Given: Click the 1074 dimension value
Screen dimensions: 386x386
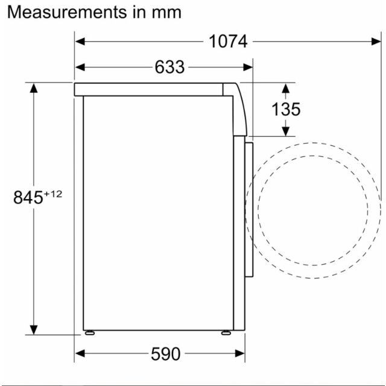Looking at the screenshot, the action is coord(228,42).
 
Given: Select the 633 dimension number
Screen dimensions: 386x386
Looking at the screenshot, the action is coord(169,67).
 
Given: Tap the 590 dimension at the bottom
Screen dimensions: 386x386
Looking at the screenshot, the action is coord(166,354).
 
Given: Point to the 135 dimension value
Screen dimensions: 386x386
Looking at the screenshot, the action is coord(286,109).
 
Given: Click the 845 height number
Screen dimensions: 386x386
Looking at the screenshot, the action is coord(28,197).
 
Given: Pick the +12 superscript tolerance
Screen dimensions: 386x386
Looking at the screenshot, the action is coord(53,194).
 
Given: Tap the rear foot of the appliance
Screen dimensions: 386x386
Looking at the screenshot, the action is coord(90,333).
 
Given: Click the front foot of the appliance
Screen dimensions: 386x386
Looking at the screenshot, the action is coord(226,333).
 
